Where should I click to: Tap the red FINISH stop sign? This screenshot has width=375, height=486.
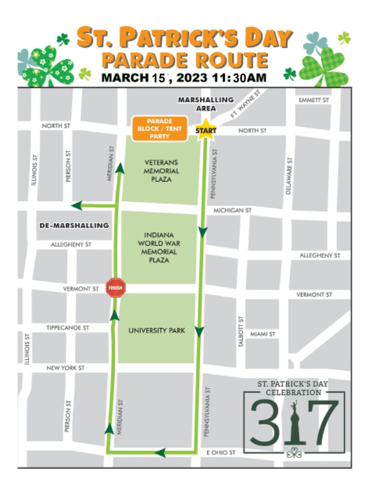[x=116, y=288]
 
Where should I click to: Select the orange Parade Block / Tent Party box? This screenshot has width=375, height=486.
[x=159, y=129]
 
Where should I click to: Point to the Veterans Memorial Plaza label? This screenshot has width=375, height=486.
[x=162, y=171]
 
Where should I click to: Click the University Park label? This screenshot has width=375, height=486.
[x=157, y=331]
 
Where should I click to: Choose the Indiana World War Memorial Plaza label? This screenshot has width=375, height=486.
[x=160, y=247]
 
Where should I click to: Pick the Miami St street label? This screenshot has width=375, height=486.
[x=263, y=334]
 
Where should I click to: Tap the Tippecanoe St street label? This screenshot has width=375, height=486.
[x=68, y=328]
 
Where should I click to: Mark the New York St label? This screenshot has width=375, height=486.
[x=65, y=368]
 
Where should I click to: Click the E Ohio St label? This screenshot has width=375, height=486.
[x=222, y=453]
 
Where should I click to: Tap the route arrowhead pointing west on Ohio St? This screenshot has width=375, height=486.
[x=161, y=453]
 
